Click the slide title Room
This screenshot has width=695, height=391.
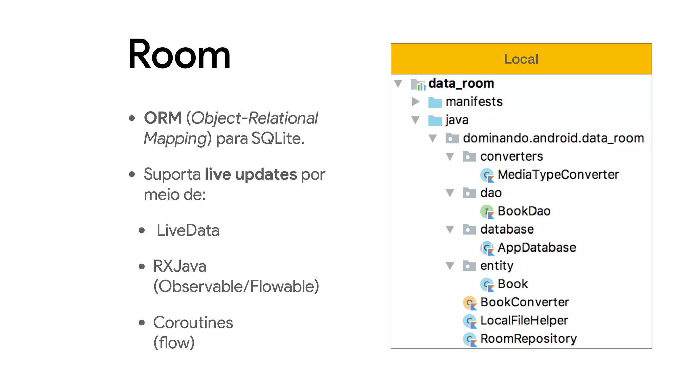click(x=179, y=54)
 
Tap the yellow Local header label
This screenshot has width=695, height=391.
click(x=521, y=59)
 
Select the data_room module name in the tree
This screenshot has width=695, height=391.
click(x=461, y=83)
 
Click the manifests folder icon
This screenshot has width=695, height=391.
click(x=435, y=102)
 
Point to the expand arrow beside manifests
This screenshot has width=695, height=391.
click(x=415, y=101)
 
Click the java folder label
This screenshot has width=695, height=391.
click(x=457, y=120)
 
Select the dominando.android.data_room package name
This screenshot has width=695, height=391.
click(x=553, y=138)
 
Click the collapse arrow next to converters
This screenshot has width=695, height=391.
click(x=450, y=156)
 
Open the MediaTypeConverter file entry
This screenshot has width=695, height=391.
click(x=558, y=174)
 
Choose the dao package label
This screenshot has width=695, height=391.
click(x=491, y=193)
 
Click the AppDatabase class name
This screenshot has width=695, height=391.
click(x=537, y=247)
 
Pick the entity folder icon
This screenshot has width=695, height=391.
click(x=469, y=266)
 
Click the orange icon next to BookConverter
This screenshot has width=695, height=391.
click(x=470, y=302)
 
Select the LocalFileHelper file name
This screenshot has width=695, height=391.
click(x=524, y=320)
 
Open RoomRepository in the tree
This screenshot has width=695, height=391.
click(x=528, y=339)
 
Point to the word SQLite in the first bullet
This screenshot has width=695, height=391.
click(x=278, y=138)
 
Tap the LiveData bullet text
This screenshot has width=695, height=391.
click(x=188, y=230)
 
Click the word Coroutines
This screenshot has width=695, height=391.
click(x=193, y=322)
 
